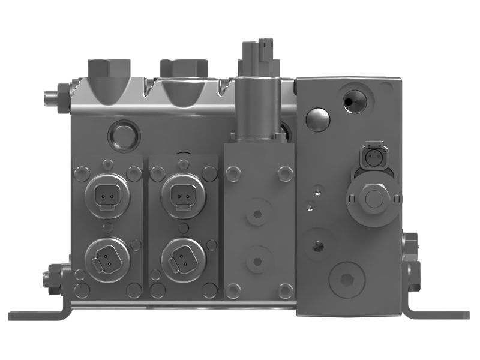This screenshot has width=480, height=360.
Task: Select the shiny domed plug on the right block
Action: click(x=317, y=120)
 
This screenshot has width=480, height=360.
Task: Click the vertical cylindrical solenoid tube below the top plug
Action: click(x=257, y=108)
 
